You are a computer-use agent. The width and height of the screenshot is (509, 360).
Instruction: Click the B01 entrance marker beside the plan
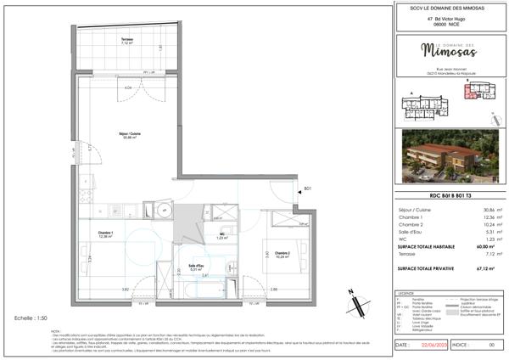coord(309,188)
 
